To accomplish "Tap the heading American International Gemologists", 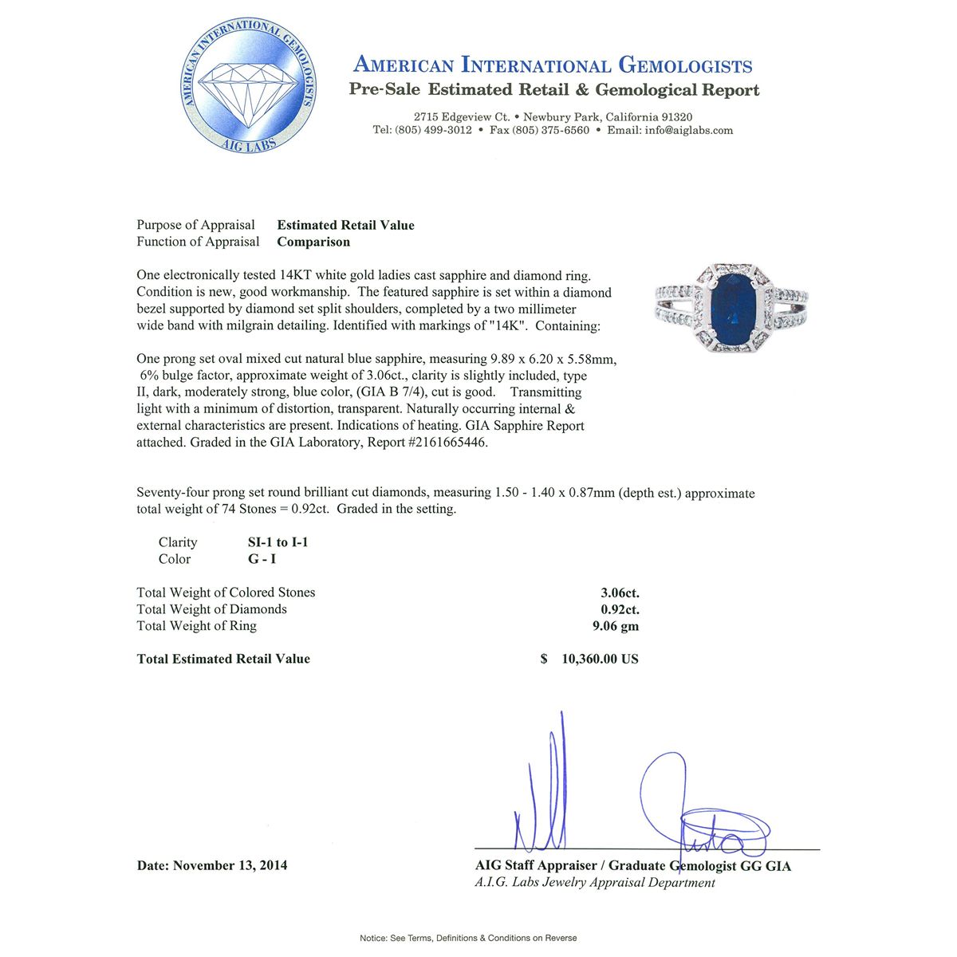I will click(553, 65).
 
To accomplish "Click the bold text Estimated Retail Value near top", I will click(345, 225).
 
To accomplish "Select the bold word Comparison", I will click(313, 242).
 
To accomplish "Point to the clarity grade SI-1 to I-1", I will click(278, 542).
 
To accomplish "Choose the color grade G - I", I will click(262, 559).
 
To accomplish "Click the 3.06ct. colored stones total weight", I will click(620, 593).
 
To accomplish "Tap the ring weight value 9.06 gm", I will click(615, 626).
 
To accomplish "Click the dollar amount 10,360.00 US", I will click(600, 659).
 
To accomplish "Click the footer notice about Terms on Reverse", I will click(468, 938).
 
